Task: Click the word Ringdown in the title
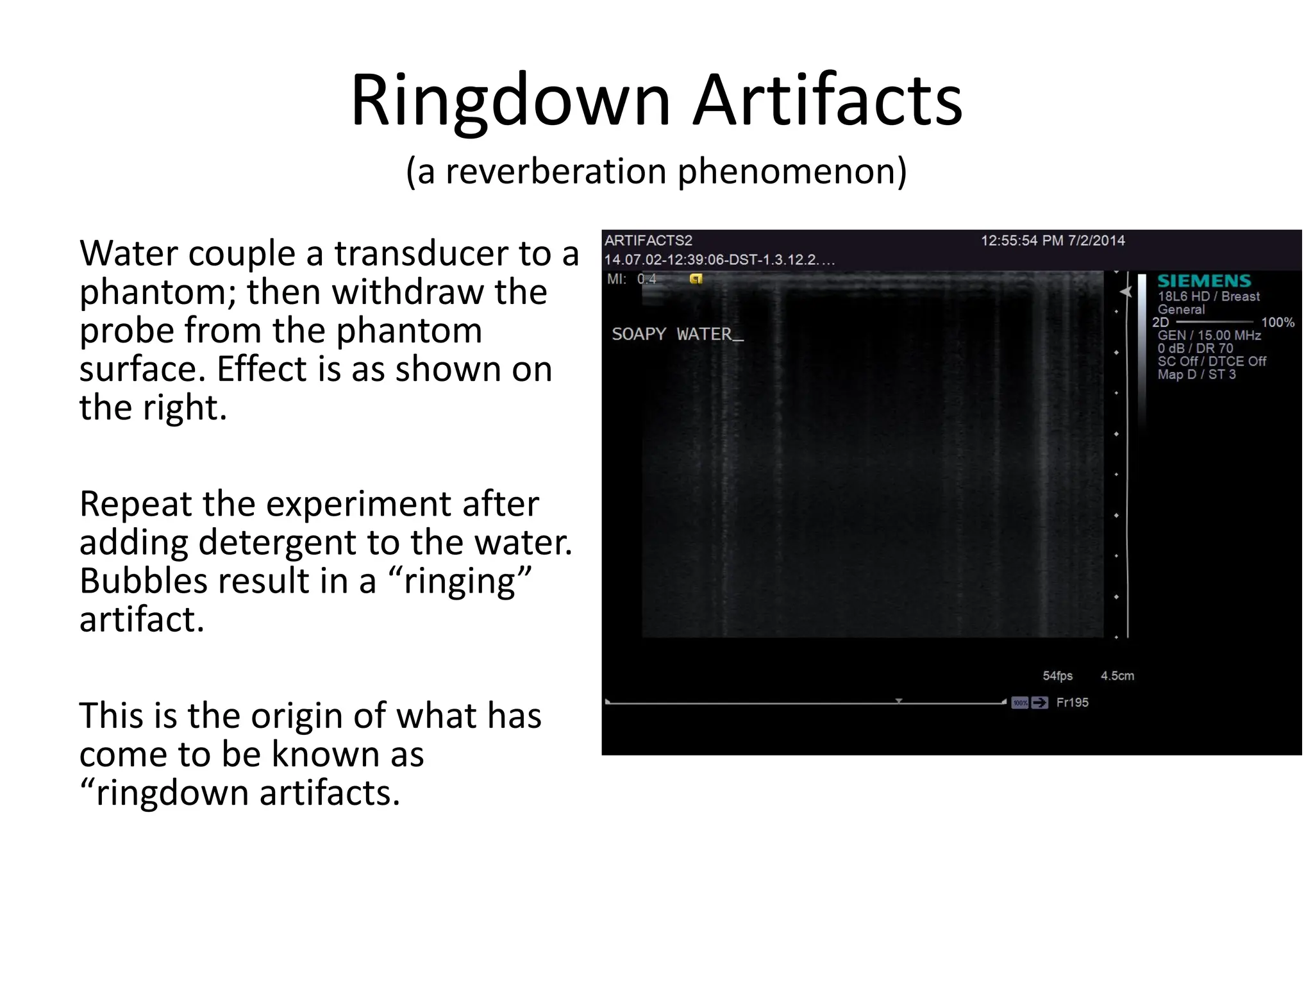[510, 101]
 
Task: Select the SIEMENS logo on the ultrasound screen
[1203, 281]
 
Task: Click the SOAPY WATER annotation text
[677, 334]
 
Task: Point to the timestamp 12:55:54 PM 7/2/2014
[1053, 240]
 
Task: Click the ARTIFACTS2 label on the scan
[648, 240]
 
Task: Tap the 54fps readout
[1057, 676]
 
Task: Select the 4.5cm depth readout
[1117, 676]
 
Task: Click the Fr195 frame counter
[1072, 702]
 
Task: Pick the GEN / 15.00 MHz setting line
[1208, 335]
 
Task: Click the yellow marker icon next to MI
[696, 279]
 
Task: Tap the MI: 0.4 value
[632, 279]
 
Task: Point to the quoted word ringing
[460, 582]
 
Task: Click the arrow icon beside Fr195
[1039, 703]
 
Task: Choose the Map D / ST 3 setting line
[1196, 375]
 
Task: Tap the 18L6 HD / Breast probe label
[1208, 296]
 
